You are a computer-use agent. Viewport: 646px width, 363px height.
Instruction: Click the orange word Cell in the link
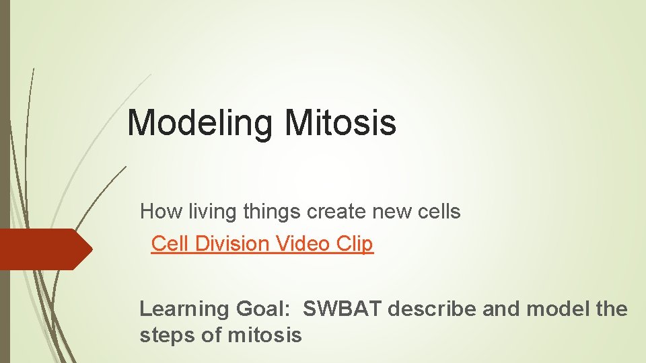[x=170, y=243]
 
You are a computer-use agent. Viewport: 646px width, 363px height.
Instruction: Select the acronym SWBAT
[x=343, y=309]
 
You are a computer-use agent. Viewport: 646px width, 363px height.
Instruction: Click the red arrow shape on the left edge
[x=44, y=249]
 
